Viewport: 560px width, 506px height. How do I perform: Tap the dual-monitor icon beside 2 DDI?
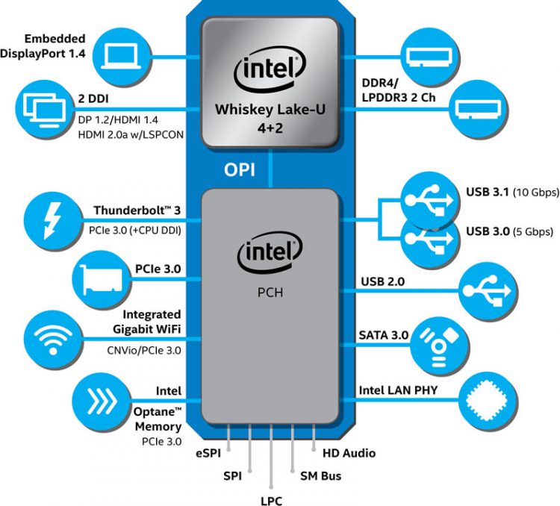(38, 107)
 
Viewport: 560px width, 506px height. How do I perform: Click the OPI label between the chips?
(240, 169)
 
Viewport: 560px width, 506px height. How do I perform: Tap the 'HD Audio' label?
(349, 453)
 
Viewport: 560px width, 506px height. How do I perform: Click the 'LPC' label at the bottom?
(271, 499)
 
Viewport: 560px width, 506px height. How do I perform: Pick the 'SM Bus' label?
(321, 475)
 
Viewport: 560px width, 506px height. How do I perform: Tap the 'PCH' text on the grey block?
(270, 293)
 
